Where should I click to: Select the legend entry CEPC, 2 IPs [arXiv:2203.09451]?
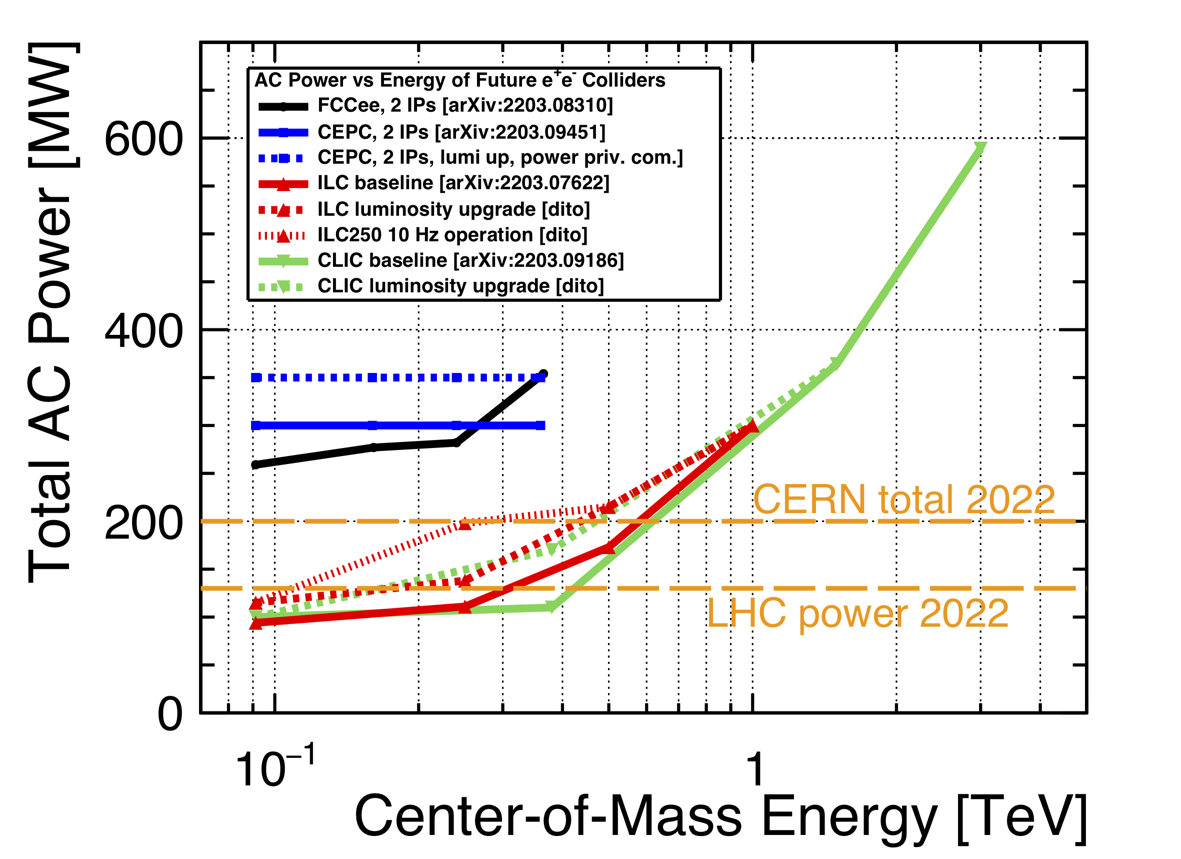[461, 132]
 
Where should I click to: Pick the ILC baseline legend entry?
[463, 183]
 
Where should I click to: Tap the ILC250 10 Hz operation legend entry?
[452, 235]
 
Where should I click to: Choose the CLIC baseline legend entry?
[470, 260]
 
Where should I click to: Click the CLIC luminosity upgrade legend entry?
[460, 286]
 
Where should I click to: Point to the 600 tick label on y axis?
[143, 139]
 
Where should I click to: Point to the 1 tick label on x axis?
[754, 769]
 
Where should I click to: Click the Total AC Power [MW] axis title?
[51, 313]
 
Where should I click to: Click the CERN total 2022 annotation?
[904, 500]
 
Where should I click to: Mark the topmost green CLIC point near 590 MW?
[980, 148]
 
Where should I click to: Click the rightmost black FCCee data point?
[543, 374]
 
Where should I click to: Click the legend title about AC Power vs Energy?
[460, 80]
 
